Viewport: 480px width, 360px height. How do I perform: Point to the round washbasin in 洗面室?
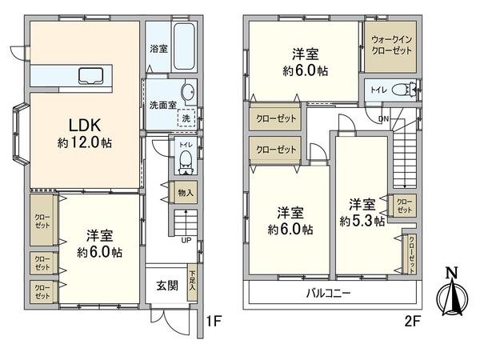pyautogui.click(x=187, y=90)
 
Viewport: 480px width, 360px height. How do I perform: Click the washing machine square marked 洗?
pyautogui.click(x=186, y=116)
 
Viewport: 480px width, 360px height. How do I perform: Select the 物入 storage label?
pyautogui.click(x=185, y=193)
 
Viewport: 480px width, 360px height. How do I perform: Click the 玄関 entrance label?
pyautogui.click(x=166, y=286)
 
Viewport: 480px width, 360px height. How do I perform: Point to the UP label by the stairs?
pyautogui.click(x=186, y=239)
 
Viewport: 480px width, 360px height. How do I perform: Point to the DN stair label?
pyautogui.click(x=383, y=119)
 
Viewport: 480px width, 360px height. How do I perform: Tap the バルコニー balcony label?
pyautogui.click(x=329, y=293)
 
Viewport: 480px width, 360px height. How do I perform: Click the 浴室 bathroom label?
pyautogui.click(x=158, y=49)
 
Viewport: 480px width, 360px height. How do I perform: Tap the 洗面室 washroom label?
pyautogui.click(x=160, y=104)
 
